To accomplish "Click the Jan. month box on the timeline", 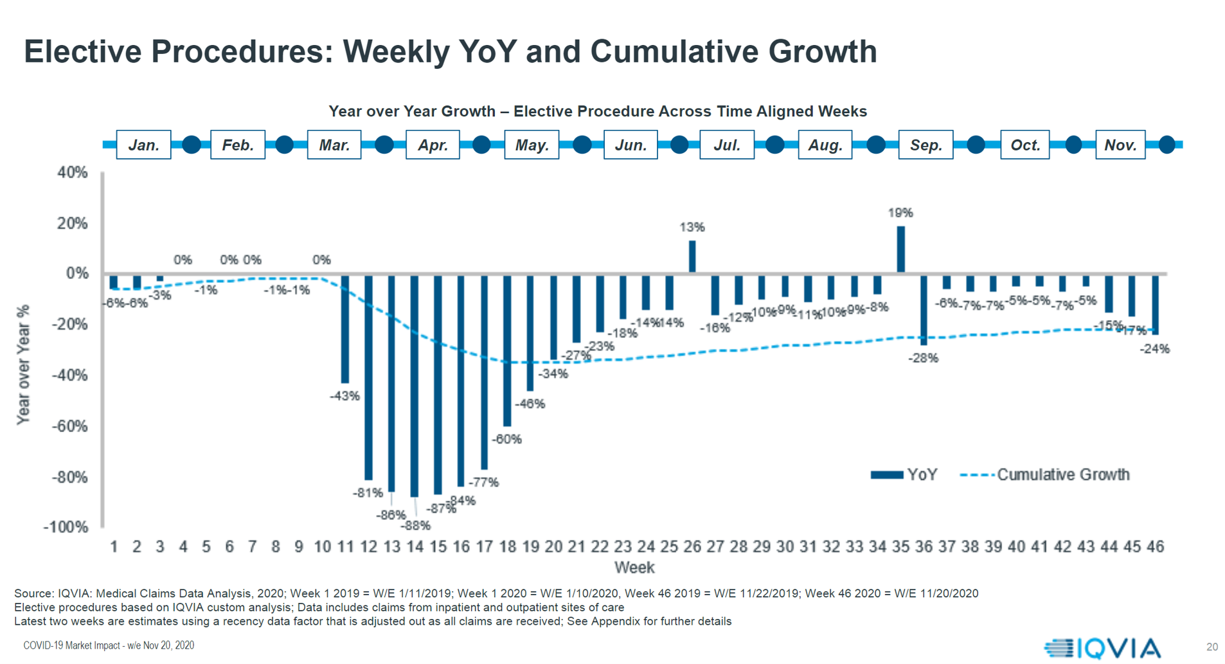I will click(x=143, y=145).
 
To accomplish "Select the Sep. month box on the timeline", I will click(x=925, y=145).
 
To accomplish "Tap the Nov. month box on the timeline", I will click(x=1120, y=145).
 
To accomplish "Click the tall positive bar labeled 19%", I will click(x=900, y=249).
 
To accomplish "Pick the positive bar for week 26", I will click(x=692, y=256).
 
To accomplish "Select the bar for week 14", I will click(x=415, y=386).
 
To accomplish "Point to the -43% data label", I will click(x=344, y=396).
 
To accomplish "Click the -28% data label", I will click(x=924, y=358).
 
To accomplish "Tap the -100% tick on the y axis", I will click(x=66, y=527).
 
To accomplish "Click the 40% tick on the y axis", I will click(x=73, y=172).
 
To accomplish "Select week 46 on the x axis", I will click(x=1155, y=546).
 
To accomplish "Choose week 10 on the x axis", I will click(x=322, y=546).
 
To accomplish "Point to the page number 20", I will click(x=1212, y=647).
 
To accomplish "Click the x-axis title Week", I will click(x=634, y=568).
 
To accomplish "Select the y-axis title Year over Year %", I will click(x=23, y=364).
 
